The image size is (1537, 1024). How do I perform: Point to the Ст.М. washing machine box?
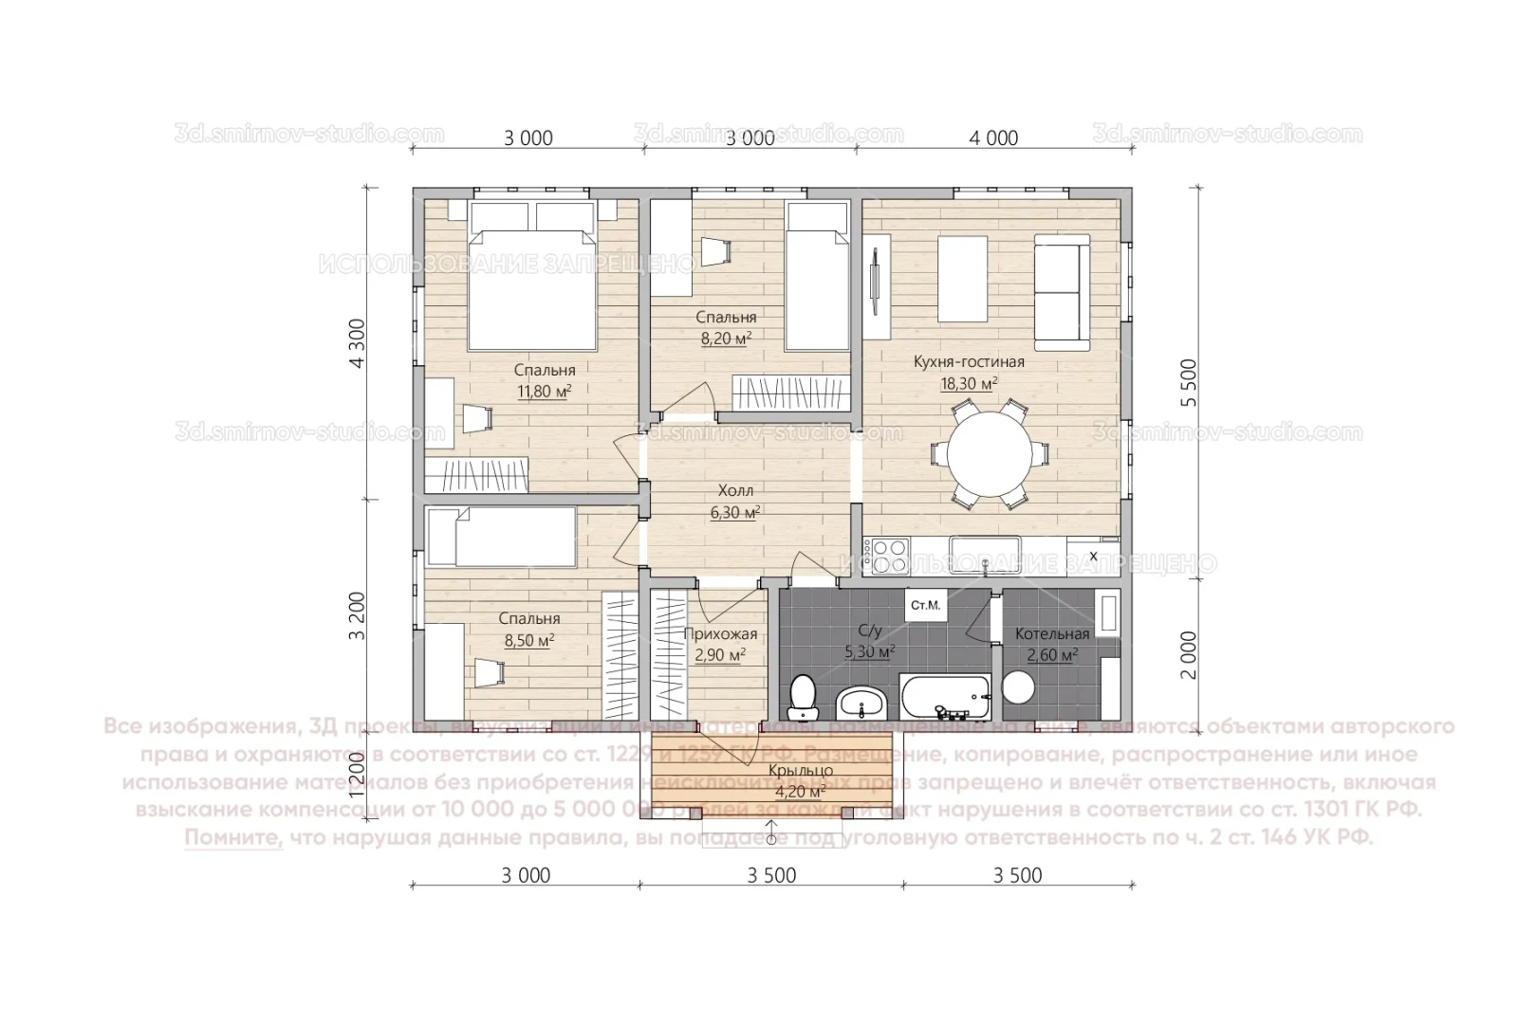pos(925,605)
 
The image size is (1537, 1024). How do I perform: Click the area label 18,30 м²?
pos(969,383)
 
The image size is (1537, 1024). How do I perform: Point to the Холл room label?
pos(735,491)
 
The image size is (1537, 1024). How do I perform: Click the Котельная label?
pos(1052,633)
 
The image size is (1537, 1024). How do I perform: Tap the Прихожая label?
pos(720,634)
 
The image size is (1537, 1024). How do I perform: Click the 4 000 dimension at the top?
pos(993,138)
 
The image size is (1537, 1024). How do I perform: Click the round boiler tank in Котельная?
pos(1020,686)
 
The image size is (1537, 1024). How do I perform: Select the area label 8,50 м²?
pos(529,640)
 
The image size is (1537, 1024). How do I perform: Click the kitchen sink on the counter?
pos(986,551)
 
